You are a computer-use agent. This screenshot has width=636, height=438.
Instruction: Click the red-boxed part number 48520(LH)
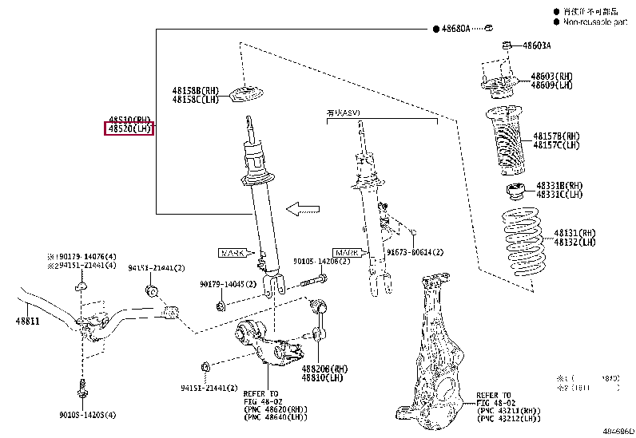129,128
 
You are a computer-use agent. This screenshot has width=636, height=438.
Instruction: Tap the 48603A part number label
536,46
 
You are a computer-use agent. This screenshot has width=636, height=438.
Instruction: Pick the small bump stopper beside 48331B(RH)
514,191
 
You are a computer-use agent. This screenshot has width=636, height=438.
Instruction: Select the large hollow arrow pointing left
303,210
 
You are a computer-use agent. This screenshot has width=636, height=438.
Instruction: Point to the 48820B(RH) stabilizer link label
324,369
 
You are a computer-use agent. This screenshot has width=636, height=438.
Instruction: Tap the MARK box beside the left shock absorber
234,253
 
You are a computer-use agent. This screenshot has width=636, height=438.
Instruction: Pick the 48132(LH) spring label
575,242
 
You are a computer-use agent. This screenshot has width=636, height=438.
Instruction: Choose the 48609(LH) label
552,85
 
